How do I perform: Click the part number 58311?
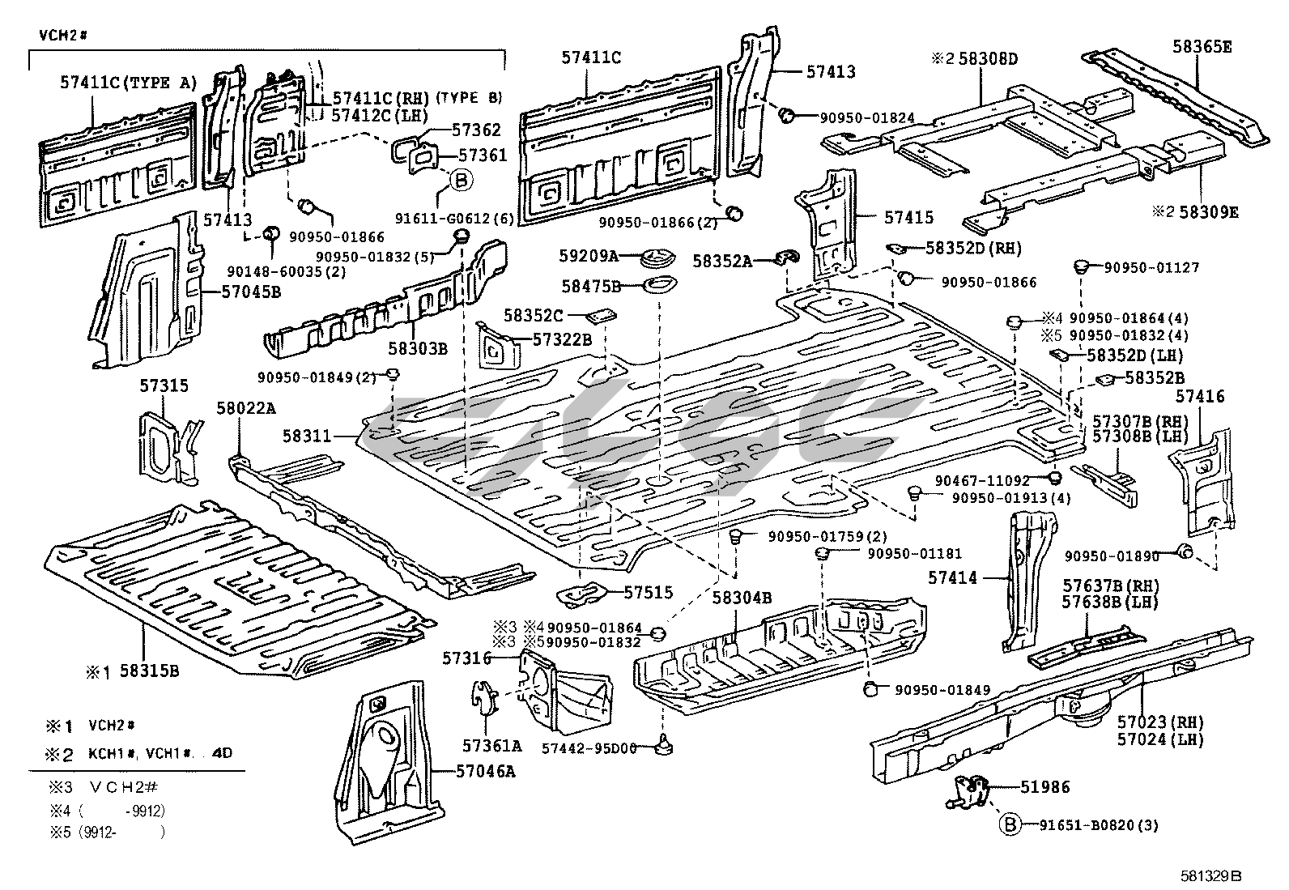[x=307, y=436]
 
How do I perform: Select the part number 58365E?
[x=1202, y=47]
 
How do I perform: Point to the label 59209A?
[x=589, y=256]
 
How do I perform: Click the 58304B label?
[x=742, y=598]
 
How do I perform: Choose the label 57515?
[x=648, y=593]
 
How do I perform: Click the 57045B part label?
[x=251, y=291]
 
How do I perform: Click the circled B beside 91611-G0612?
[x=461, y=180]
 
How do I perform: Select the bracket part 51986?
[x=971, y=790]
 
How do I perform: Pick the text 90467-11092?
[x=982, y=480]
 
